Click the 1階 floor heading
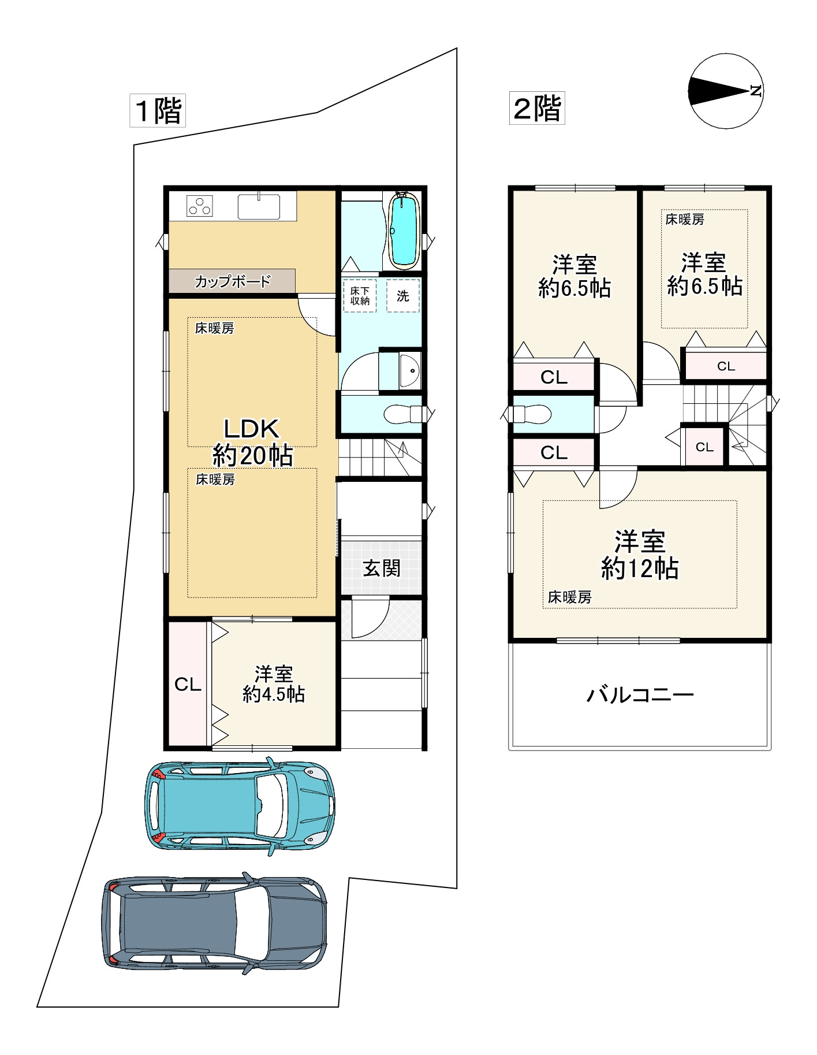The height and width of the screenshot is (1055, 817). (x=157, y=110)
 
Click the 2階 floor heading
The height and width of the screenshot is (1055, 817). (x=537, y=108)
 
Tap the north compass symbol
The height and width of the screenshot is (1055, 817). (x=726, y=91)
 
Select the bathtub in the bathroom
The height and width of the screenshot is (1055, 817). (x=404, y=230)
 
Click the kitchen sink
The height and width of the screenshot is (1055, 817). (x=259, y=206)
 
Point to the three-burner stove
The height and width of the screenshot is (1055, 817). (x=200, y=206)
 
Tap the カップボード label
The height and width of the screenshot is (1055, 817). (x=233, y=281)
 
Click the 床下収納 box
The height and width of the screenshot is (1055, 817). (x=360, y=296)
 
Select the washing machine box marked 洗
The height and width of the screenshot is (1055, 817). (x=403, y=296)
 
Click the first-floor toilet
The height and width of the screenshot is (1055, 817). (x=404, y=414)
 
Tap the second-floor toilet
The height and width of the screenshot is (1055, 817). (x=532, y=414)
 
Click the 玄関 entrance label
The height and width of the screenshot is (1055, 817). (x=382, y=568)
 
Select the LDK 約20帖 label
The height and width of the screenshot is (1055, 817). (x=252, y=442)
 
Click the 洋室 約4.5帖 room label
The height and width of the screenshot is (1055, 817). (x=274, y=684)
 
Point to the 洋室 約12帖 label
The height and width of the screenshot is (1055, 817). (x=640, y=555)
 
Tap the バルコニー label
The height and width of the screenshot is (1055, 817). (x=640, y=694)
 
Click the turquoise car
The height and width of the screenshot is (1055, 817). (x=240, y=805)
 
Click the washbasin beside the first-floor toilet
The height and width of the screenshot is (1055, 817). (x=409, y=370)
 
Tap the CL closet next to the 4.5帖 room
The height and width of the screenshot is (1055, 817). (x=188, y=684)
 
